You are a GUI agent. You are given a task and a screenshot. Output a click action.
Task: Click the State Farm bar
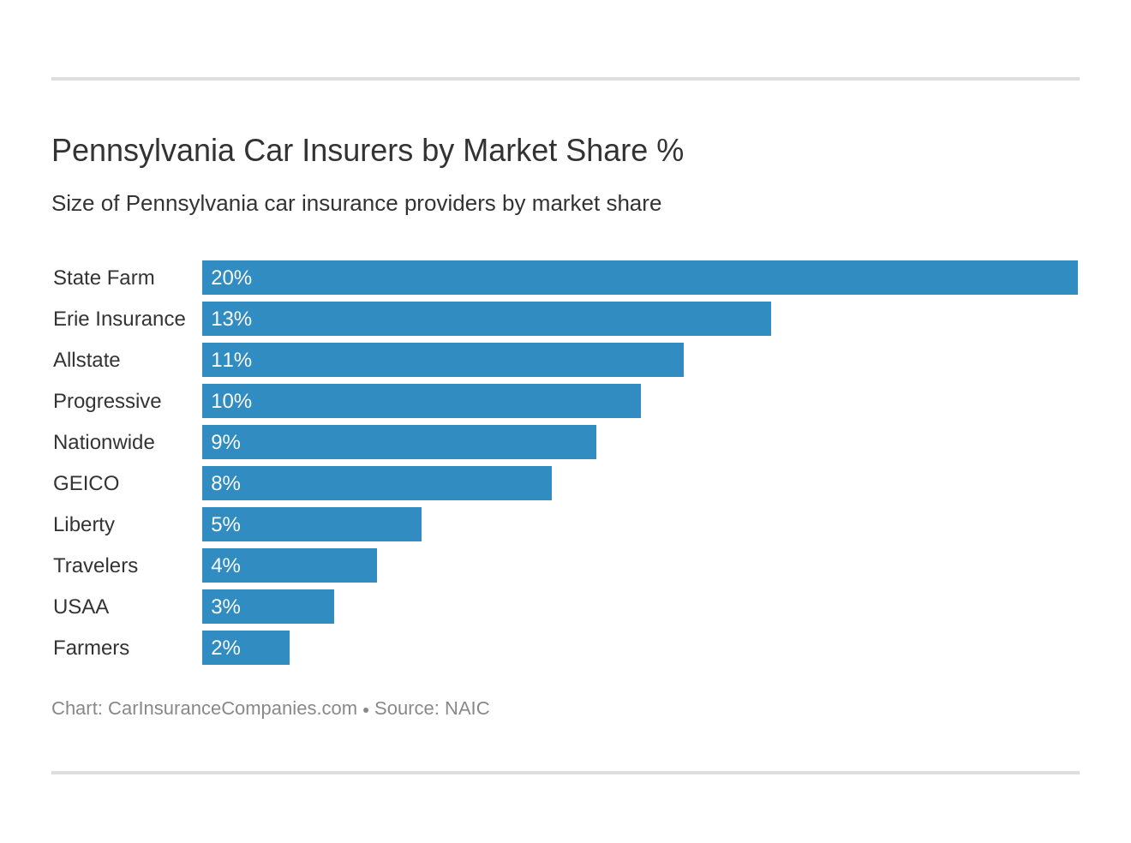639,278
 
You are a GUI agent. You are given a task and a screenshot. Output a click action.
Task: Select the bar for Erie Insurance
486,319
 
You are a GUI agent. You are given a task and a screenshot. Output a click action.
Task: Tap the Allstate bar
442,360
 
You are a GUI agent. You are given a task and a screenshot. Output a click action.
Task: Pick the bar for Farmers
246,648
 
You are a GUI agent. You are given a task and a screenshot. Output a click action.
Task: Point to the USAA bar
268,607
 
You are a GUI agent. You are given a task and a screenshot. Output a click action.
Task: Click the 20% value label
231,278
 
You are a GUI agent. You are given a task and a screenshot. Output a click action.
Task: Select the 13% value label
231,319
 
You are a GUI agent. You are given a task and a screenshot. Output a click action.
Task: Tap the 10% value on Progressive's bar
231,401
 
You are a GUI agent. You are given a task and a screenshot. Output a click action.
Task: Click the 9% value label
225,442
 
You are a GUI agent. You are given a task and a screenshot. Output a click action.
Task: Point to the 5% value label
225,524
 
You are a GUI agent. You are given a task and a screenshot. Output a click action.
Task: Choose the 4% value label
225,565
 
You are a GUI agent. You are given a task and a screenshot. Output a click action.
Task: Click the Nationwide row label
104,442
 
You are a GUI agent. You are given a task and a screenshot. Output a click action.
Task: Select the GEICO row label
86,483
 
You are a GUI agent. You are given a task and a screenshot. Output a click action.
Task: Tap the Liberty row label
83,524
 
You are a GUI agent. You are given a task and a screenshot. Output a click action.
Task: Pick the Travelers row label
95,565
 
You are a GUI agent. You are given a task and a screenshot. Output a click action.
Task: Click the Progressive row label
107,401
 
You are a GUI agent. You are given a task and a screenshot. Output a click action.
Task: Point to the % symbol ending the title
670,151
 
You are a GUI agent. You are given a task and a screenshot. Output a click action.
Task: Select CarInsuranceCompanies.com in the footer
232,708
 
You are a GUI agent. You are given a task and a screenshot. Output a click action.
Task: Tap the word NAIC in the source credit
467,708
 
